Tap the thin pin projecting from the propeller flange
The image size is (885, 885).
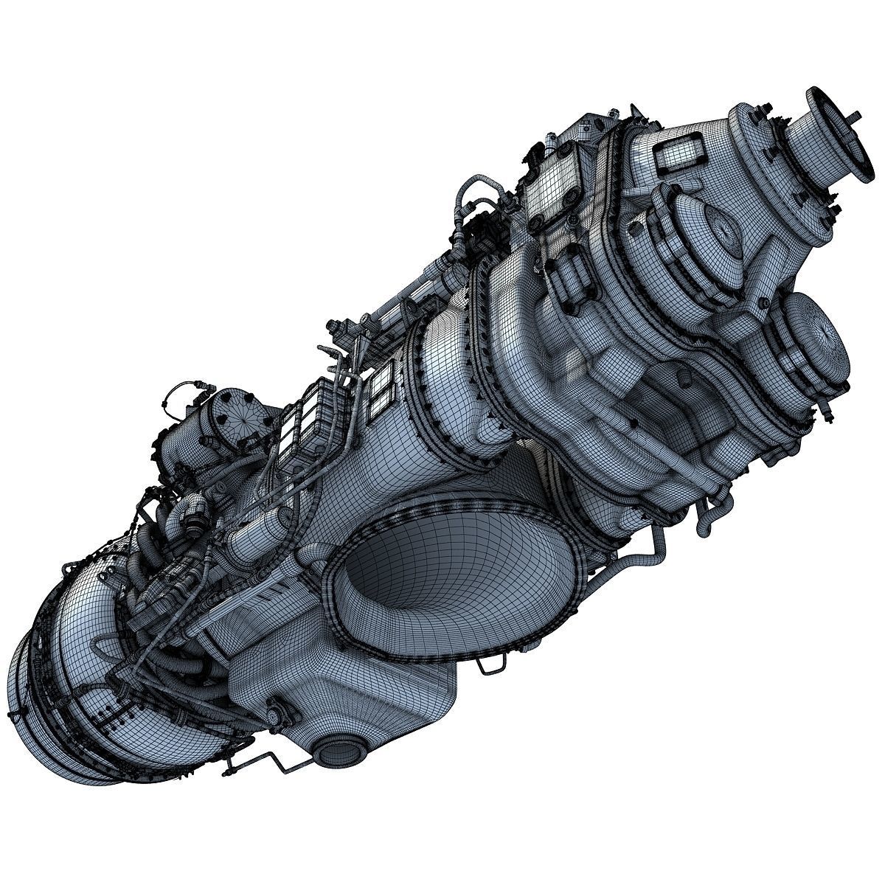click(855, 116)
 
